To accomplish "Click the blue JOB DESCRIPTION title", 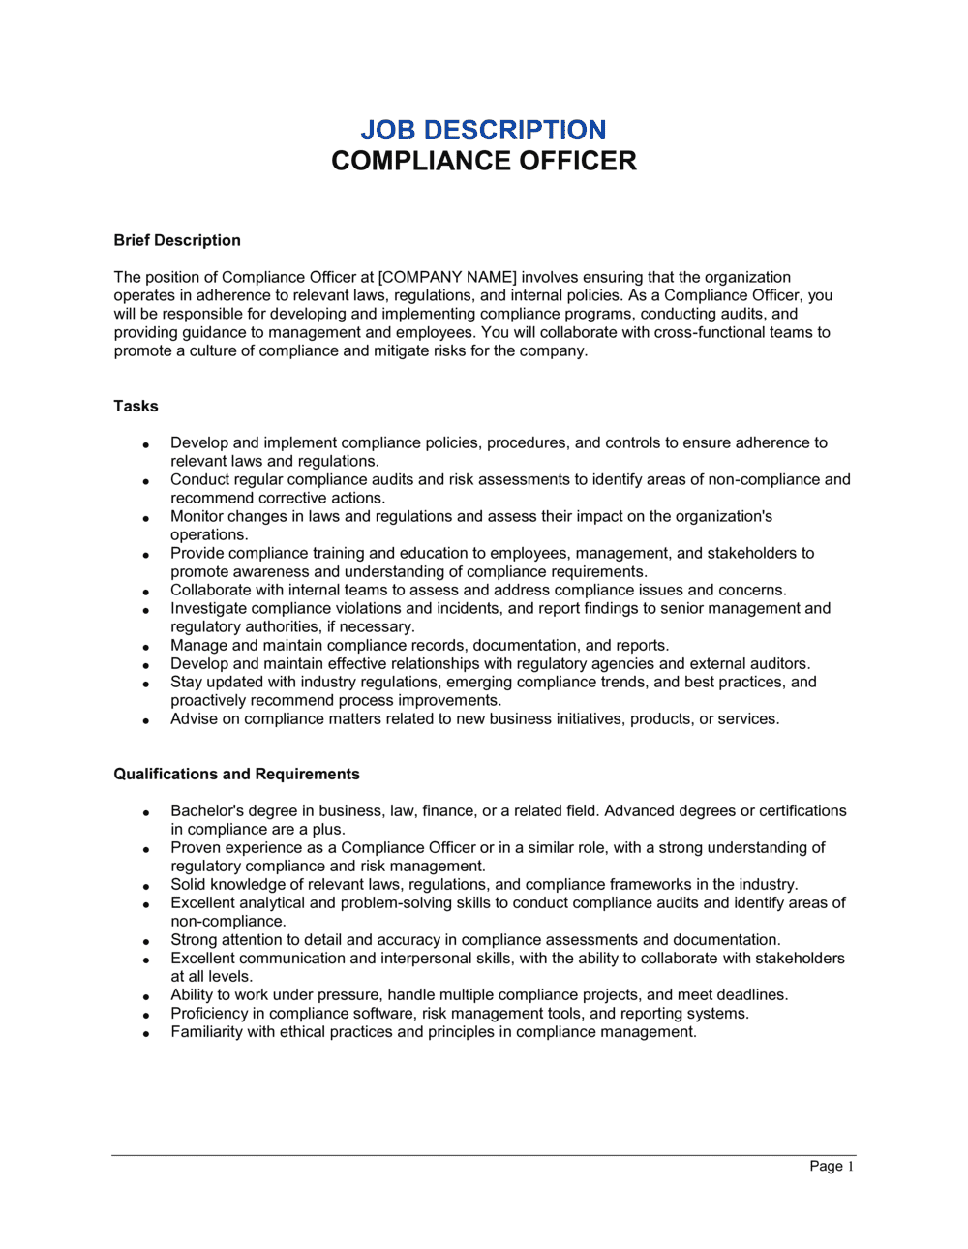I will [x=483, y=130].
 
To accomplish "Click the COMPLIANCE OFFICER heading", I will [x=483, y=161].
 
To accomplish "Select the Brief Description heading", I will [x=177, y=240].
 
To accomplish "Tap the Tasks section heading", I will [x=136, y=406].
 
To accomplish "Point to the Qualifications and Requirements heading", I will [x=236, y=774].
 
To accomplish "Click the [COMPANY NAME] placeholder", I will [x=447, y=277].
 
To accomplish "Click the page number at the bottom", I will [x=832, y=1166].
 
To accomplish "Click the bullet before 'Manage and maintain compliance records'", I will [x=146, y=647].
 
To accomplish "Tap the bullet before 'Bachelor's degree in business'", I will [x=146, y=812].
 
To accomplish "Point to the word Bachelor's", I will [x=206, y=810].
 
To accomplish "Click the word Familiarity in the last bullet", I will [x=206, y=1031].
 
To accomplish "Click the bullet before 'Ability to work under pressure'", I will [x=146, y=996].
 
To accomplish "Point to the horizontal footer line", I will [x=483, y=1155].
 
